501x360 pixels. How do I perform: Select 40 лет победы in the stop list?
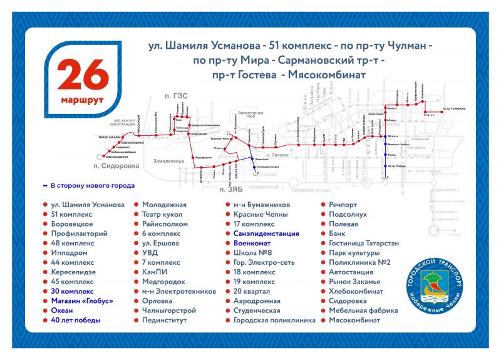point(73,320)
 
